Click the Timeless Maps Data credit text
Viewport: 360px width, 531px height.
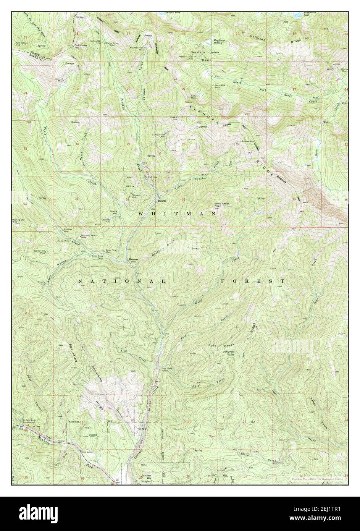(x=315, y=478)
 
